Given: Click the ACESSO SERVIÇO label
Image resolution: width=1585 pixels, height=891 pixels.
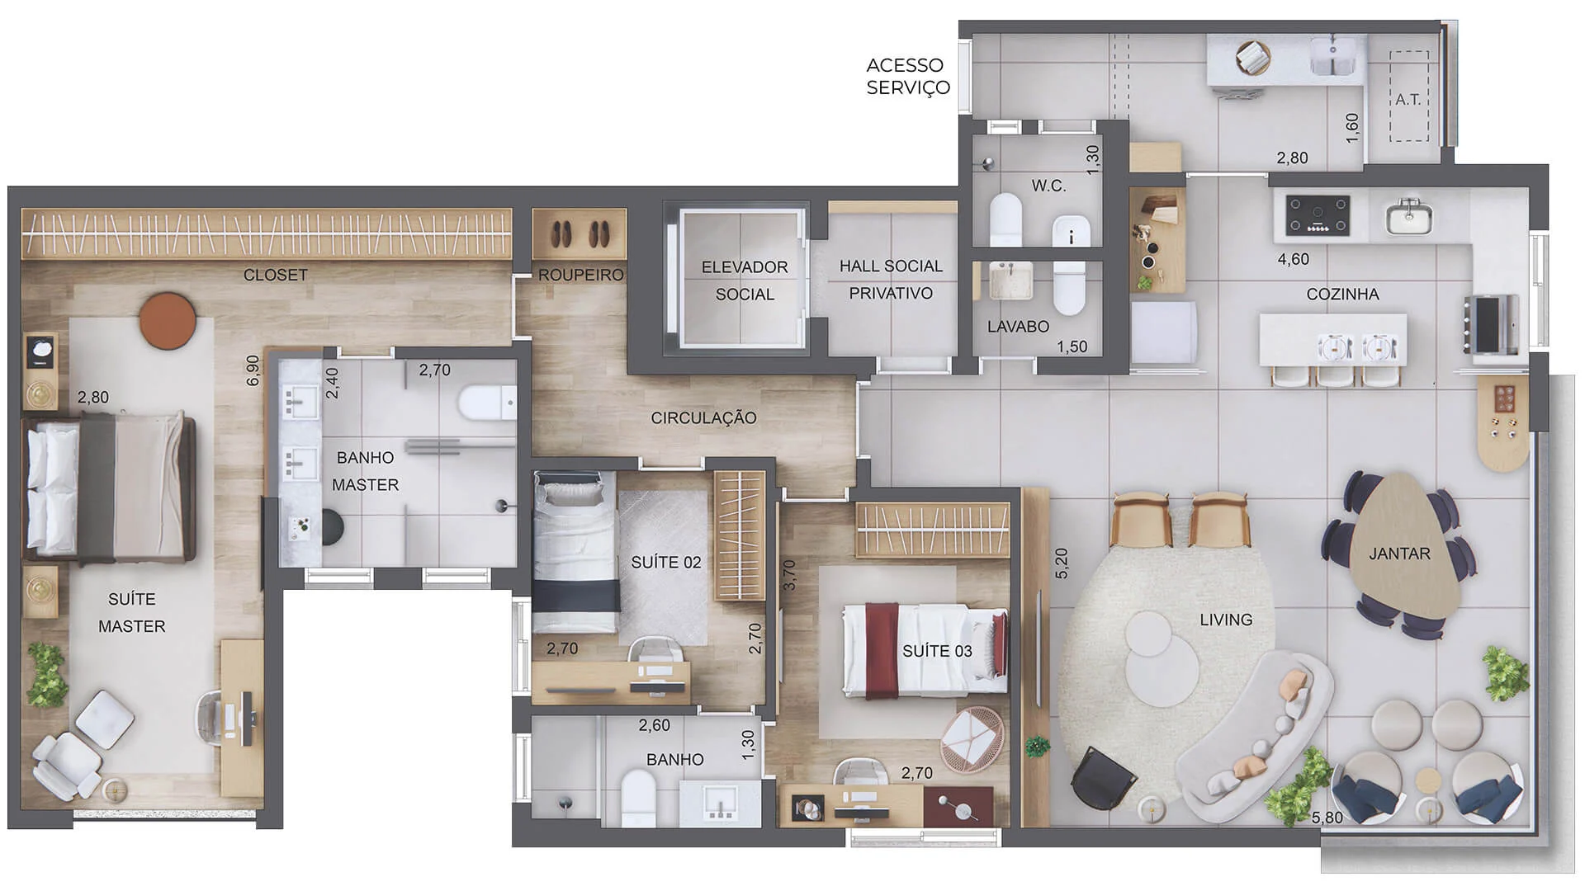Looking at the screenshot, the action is [908, 76].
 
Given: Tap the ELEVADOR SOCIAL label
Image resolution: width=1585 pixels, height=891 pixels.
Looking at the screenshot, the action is [745, 280].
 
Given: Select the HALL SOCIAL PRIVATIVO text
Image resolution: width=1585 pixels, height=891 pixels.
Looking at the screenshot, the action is [891, 280].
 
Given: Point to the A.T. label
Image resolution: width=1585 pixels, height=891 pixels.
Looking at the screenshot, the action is [1408, 100].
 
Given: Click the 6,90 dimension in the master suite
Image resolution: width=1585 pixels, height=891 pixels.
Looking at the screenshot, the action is [253, 370].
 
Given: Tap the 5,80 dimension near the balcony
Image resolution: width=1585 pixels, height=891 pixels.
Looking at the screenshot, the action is [1327, 818].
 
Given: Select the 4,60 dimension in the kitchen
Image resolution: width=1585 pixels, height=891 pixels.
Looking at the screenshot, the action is [1294, 259].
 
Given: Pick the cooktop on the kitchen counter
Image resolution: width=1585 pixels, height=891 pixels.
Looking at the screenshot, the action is [1318, 215].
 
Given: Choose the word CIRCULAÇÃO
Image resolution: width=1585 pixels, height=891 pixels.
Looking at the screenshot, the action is [703, 418].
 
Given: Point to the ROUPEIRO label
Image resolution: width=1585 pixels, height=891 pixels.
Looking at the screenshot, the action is [581, 275].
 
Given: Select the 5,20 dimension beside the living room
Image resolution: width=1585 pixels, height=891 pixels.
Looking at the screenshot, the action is [1062, 563].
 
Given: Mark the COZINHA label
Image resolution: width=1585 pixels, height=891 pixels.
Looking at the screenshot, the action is [1342, 295].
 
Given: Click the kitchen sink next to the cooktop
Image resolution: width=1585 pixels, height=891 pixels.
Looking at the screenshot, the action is [1409, 216].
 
